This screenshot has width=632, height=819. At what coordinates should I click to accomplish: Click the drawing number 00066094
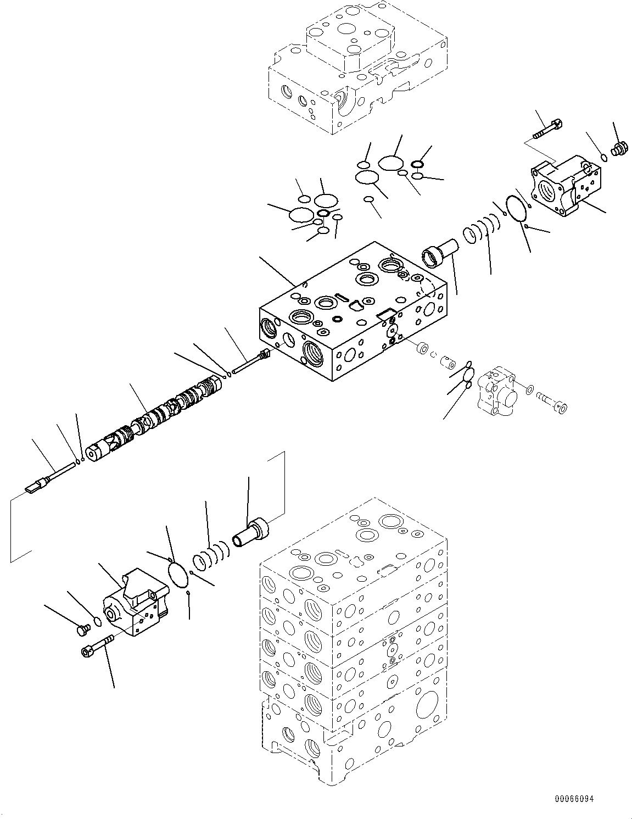tap(574, 799)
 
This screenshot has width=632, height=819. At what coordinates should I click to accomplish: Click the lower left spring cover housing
tap(133, 604)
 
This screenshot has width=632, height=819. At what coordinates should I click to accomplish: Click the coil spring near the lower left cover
tap(210, 555)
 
